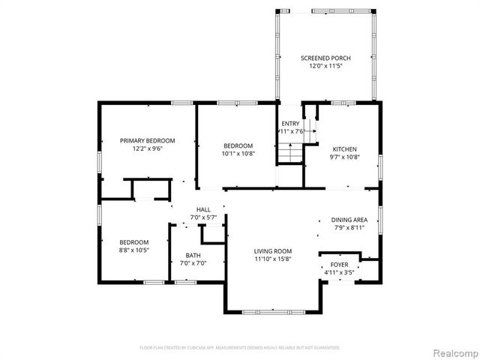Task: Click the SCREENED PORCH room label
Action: click(x=325, y=58)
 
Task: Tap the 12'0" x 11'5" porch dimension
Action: click(x=325, y=66)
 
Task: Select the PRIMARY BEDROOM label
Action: click(x=148, y=140)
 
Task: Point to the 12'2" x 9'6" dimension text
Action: click(x=148, y=148)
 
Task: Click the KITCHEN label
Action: click(x=345, y=148)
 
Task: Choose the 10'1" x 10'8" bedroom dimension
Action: click(x=238, y=153)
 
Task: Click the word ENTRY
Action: click(x=290, y=123)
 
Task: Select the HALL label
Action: click(x=203, y=209)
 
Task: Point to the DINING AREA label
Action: click(x=349, y=220)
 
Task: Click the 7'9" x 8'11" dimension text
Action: click(x=349, y=228)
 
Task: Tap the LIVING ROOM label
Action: click(x=272, y=251)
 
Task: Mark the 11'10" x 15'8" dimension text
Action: click(x=272, y=259)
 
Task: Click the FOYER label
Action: click(x=340, y=265)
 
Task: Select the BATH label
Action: click(x=193, y=256)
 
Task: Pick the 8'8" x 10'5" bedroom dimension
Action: click(x=134, y=250)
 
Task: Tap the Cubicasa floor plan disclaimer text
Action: click(x=240, y=347)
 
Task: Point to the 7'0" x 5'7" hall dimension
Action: click(x=203, y=217)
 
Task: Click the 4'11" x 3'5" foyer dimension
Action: click(x=340, y=274)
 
